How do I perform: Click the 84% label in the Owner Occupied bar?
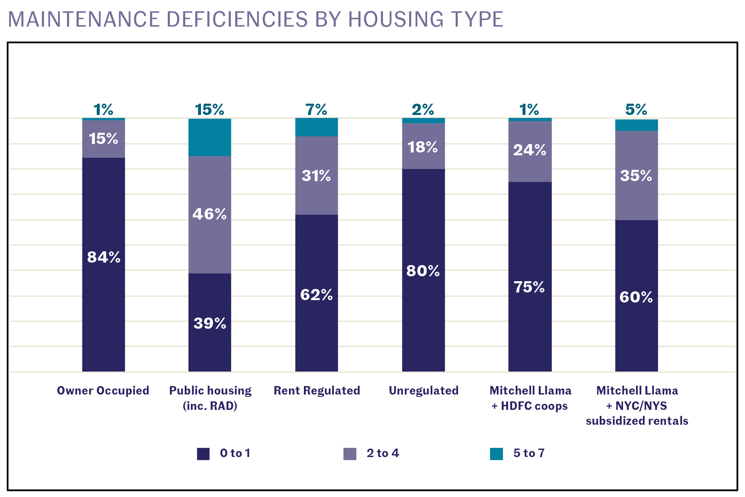click(x=104, y=257)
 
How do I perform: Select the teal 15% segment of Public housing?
click(x=210, y=137)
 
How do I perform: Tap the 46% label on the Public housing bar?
click(x=209, y=214)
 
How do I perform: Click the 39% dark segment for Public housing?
click(x=210, y=323)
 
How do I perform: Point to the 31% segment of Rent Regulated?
click(x=316, y=176)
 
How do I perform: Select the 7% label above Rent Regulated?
click(x=316, y=110)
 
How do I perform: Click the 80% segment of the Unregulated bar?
click(x=423, y=270)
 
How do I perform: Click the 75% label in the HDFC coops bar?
click(x=529, y=287)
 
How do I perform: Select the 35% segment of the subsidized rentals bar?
click(x=636, y=176)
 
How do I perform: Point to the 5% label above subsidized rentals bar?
click(x=636, y=110)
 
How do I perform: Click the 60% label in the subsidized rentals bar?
click(x=636, y=297)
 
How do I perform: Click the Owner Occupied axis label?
click(x=103, y=390)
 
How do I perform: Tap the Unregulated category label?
click(x=423, y=390)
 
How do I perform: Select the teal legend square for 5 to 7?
click(x=496, y=454)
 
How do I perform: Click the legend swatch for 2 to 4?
click(x=350, y=454)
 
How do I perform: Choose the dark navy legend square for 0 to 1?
click(x=203, y=454)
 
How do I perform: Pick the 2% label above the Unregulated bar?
click(x=423, y=110)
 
